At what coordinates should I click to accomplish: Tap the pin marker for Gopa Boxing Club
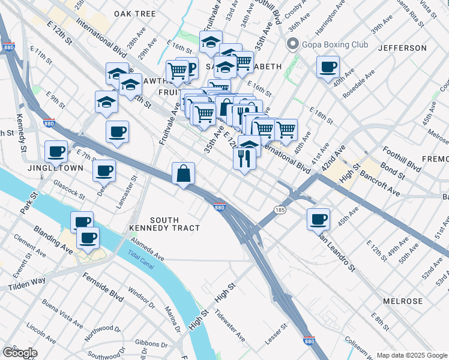293,44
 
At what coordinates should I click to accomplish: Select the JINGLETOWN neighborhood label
55,168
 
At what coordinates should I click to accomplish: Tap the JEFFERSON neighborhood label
403,47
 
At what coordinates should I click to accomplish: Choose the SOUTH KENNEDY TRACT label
164,224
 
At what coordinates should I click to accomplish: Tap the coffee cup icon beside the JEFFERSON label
328,67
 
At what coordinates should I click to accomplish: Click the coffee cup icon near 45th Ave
318,218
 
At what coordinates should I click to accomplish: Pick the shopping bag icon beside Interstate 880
184,174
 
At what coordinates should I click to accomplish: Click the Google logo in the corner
20,353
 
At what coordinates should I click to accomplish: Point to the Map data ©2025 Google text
411,355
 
